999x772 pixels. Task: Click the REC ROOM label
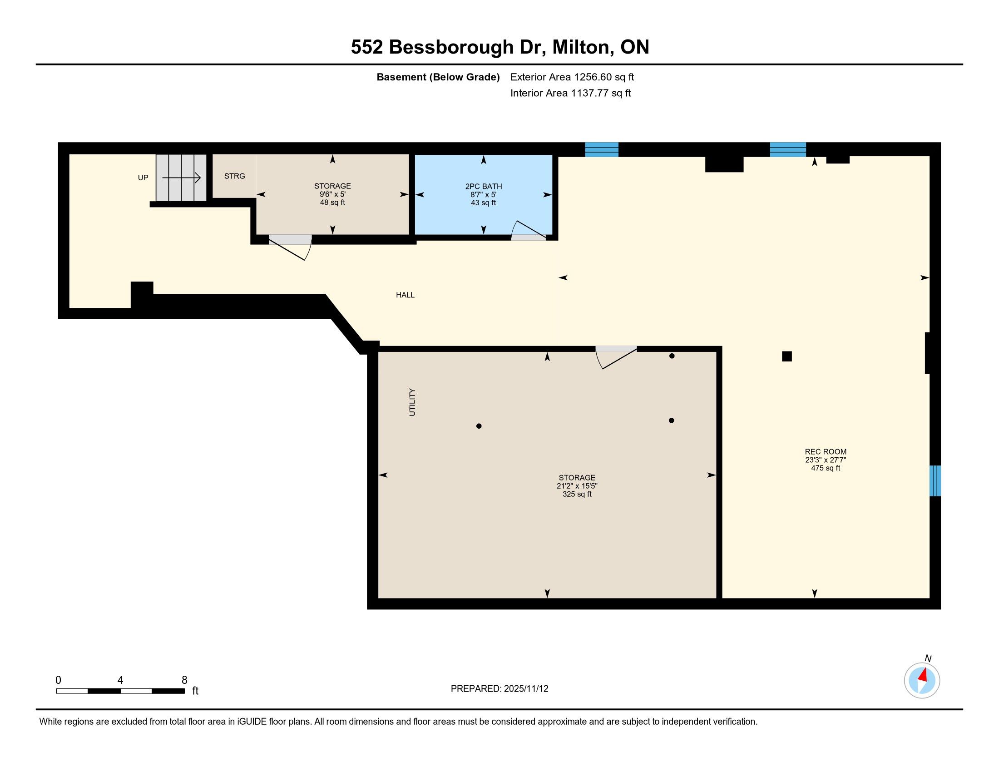[826, 452]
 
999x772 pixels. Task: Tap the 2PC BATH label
[484, 187]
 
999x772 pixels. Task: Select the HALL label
[405, 295]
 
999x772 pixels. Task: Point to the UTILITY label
[412, 402]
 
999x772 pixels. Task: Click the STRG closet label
[235, 176]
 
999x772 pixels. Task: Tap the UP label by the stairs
[143, 178]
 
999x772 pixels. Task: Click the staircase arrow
[182, 178]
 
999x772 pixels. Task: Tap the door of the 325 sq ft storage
[616, 357]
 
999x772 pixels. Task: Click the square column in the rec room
[787, 356]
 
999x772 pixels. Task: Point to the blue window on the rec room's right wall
[935, 480]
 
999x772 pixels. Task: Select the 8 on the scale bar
[184, 680]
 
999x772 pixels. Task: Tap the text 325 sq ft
[577, 495]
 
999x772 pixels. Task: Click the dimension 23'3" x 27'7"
[826, 460]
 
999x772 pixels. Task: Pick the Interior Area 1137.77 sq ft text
[570, 93]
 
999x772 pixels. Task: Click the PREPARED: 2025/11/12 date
[499, 689]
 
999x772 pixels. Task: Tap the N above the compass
[928, 658]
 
